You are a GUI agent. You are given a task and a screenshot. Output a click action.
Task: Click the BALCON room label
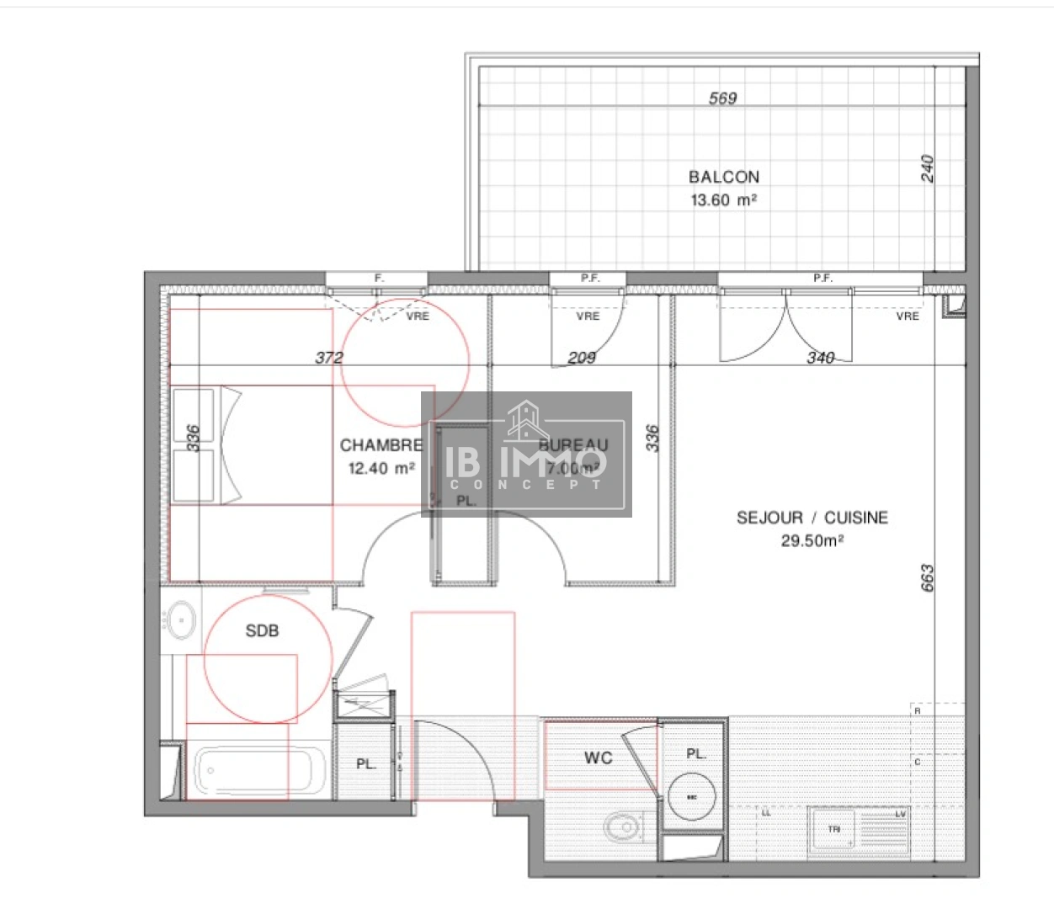point(723,177)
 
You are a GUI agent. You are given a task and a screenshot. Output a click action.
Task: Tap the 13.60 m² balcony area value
point(723,200)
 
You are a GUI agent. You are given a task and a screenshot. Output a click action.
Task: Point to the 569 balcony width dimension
point(722,98)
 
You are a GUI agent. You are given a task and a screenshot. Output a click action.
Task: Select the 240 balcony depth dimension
point(927,168)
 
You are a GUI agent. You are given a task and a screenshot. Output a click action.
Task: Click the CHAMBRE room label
point(381,445)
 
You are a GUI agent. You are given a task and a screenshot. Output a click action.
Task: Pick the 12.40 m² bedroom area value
point(381,468)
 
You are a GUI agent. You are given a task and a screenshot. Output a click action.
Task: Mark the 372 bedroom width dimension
point(329,358)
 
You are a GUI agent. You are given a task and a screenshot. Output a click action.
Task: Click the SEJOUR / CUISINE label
point(812,518)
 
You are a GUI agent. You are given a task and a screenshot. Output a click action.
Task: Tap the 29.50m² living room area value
point(812,540)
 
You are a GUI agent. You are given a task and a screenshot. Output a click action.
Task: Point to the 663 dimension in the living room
point(927,578)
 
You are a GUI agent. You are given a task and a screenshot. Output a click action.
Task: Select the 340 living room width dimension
point(820,358)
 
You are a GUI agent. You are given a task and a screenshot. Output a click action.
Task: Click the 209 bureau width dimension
point(582,358)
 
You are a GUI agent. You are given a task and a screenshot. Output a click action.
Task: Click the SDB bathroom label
point(262,630)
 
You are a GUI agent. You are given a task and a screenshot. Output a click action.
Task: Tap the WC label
point(598,757)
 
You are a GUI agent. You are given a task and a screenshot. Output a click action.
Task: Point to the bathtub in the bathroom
point(259,770)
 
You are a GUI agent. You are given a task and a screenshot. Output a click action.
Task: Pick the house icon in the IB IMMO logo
point(526,420)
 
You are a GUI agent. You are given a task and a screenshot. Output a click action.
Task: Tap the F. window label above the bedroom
point(378,278)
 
